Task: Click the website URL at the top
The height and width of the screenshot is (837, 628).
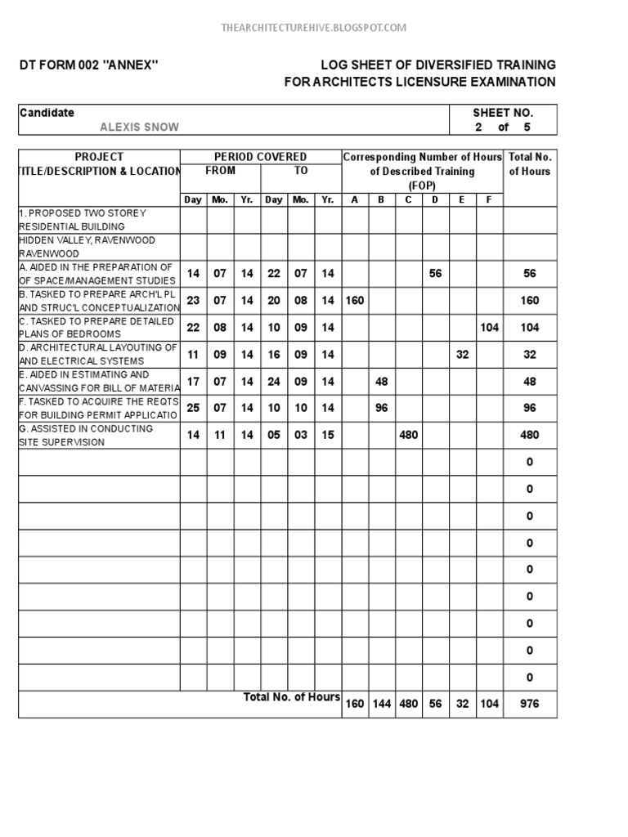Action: click(314, 28)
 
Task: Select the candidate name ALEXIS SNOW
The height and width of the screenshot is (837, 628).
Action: click(139, 127)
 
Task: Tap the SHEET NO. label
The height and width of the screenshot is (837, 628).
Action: click(503, 113)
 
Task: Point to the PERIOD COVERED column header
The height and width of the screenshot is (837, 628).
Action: click(260, 156)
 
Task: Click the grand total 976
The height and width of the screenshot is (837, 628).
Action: click(529, 704)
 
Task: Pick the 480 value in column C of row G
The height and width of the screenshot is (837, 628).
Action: click(408, 435)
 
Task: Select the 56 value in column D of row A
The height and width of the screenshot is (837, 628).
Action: click(435, 274)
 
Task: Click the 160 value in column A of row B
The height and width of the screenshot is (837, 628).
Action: click(354, 301)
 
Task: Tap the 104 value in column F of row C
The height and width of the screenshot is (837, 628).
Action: click(489, 327)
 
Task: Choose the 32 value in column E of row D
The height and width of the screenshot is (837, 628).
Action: click(462, 355)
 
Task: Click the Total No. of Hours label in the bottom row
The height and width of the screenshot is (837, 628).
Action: click(292, 696)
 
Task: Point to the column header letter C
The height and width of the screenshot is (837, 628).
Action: click(408, 199)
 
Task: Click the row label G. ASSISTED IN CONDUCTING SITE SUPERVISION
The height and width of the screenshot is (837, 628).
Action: click(86, 435)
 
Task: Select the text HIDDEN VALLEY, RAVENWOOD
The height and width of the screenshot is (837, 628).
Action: click(87, 240)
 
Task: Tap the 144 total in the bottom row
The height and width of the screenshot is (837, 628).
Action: click(381, 704)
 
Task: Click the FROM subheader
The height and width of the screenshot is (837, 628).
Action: click(220, 171)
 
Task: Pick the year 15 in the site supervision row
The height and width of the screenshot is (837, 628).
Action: click(328, 435)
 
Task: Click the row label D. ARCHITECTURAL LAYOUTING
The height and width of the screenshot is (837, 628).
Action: click(98, 354)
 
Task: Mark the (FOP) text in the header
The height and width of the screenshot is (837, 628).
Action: click(422, 186)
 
